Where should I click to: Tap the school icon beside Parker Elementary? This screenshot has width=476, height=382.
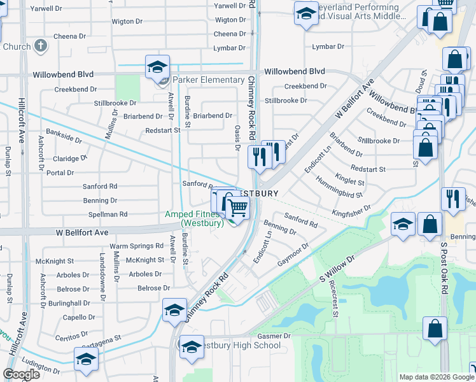(x=157, y=66)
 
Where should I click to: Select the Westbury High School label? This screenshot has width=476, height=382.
(x=237, y=346)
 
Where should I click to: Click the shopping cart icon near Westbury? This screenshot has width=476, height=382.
(x=237, y=206)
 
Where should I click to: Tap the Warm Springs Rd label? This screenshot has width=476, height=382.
(x=137, y=246)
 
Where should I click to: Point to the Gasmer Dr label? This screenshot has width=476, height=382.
(x=274, y=336)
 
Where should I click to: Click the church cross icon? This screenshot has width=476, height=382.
(x=40, y=46)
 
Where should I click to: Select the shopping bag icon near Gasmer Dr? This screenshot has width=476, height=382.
(x=435, y=329)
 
